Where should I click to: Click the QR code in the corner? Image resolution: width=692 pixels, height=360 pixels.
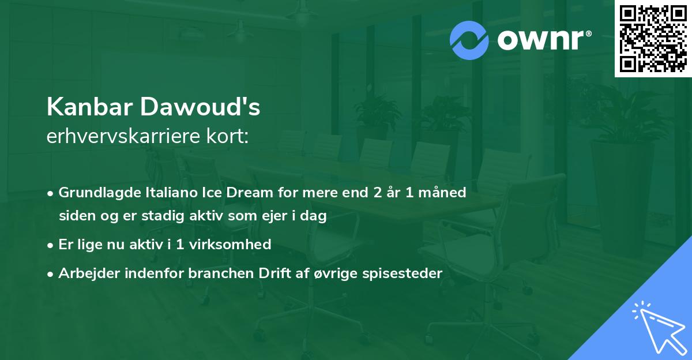pyautogui.click(x=653, y=38)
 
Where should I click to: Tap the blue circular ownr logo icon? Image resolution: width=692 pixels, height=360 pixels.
pyautogui.click(x=469, y=40)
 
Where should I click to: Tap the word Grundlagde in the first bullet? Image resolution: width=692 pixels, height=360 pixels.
pyautogui.click(x=95, y=192)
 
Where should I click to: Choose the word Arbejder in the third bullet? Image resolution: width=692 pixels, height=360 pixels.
pyautogui.click(x=85, y=273)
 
